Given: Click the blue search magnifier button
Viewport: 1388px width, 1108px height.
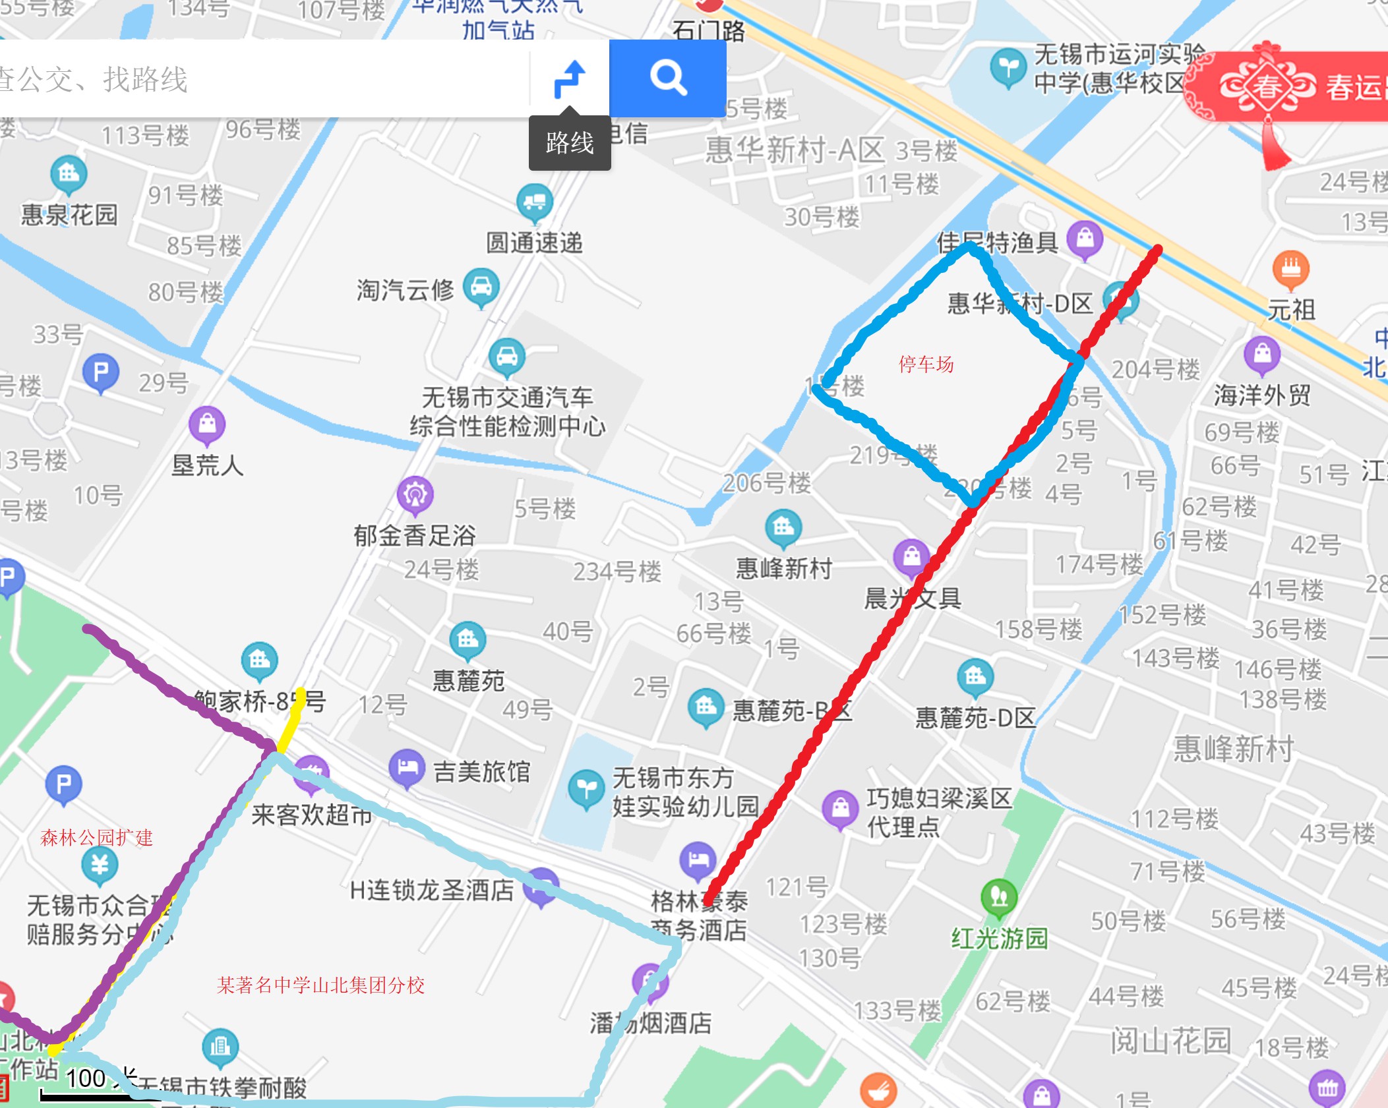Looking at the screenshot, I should (668, 78).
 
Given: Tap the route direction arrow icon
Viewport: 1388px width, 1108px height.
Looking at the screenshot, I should (570, 79).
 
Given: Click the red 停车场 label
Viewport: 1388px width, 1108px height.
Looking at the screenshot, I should (926, 364).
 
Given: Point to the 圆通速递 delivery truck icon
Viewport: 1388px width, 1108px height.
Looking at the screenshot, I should (534, 202).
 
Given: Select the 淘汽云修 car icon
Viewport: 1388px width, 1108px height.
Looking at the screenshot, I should (481, 286).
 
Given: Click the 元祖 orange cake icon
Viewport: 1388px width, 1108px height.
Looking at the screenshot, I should (1290, 268).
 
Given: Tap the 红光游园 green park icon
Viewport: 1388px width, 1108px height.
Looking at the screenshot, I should (999, 897).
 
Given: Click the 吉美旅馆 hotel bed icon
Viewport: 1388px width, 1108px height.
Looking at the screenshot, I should (407, 767).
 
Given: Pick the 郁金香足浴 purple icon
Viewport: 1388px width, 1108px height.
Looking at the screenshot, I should (415, 494).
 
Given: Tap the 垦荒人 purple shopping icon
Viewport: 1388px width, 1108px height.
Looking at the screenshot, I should (207, 423).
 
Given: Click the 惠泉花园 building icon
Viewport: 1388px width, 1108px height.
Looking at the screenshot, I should (69, 174).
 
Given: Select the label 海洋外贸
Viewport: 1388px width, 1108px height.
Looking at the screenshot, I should (1262, 395).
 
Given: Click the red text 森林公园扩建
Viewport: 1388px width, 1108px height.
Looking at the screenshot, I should (96, 838).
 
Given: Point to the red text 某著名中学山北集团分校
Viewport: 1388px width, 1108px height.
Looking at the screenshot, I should (320, 985).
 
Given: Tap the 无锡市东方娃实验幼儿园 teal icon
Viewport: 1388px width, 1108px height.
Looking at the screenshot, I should (586, 788).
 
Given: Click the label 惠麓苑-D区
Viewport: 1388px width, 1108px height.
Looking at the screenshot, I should (975, 718).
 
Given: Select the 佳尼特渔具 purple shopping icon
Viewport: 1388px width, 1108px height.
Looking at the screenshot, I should (1085, 238).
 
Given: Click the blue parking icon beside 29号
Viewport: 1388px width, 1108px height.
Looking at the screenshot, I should (101, 372).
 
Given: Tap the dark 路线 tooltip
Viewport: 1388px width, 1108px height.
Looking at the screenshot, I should (570, 143).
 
